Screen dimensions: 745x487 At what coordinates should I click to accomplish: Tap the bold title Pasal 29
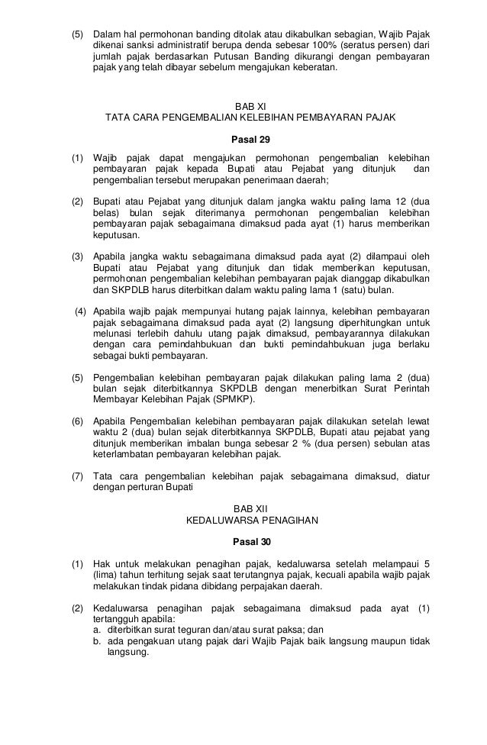pyautogui.click(x=244, y=140)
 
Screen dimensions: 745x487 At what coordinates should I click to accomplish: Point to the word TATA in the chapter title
pyautogui.click(x=119, y=119)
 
